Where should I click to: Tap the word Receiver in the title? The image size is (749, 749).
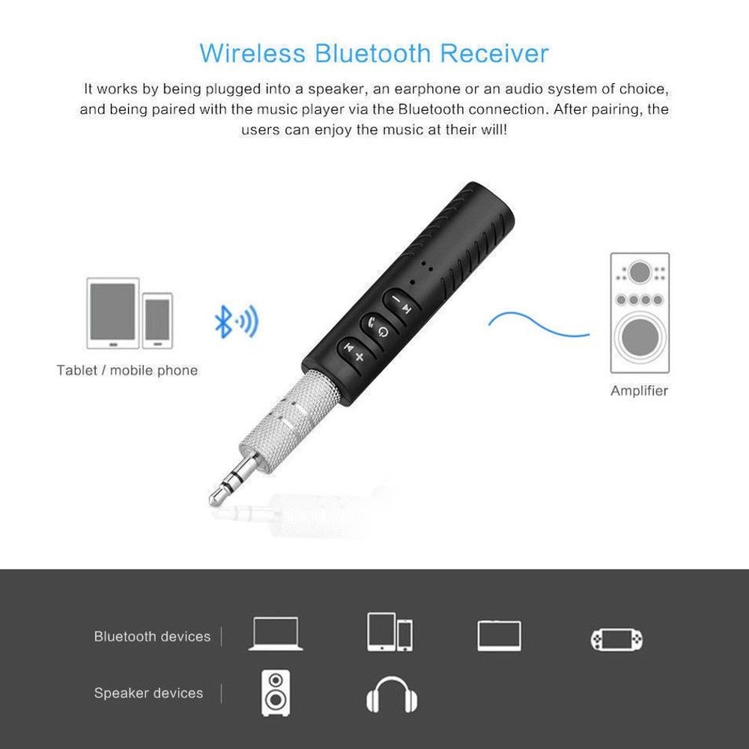(494, 54)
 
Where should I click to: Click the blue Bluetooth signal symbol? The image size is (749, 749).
(235, 321)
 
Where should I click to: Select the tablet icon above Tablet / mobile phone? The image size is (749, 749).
(113, 313)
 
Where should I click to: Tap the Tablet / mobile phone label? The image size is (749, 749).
(127, 370)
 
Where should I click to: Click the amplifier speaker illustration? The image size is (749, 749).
(639, 312)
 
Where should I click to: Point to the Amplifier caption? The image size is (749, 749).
(639, 390)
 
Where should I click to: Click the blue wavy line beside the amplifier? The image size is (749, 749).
(538, 324)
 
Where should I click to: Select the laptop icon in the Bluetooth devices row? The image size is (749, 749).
(276, 634)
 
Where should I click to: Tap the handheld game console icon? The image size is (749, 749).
(616, 639)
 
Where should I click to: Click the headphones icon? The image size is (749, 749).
(392, 694)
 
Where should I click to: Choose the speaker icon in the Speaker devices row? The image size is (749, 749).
(276, 693)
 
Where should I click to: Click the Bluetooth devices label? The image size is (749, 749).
(152, 637)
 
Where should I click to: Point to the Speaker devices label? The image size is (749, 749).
(148, 694)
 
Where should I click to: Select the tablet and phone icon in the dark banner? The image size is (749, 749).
(389, 632)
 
